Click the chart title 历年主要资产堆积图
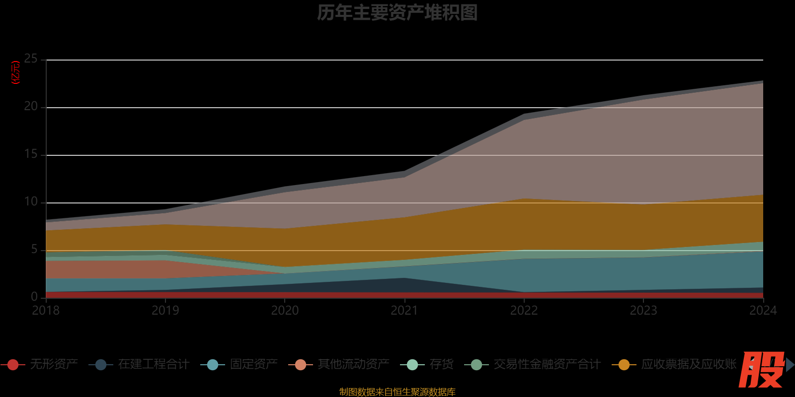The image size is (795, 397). (x=397, y=13)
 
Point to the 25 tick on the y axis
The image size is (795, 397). (x=31, y=59)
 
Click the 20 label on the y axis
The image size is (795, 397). (x=31, y=107)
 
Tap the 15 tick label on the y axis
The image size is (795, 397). (x=31, y=154)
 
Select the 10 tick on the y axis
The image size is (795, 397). (x=31, y=202)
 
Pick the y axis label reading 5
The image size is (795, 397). (x=34, y=250)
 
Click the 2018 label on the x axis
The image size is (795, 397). (x=46, y=311)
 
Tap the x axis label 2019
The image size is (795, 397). (x=165, y=311)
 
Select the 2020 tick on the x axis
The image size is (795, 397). (x=285, y=311)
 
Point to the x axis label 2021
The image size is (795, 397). (x=404, y=311)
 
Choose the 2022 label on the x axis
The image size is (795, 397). (x=524, y=311)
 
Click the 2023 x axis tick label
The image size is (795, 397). (x=643, y=311)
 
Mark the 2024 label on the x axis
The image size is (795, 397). (x=763, y=311)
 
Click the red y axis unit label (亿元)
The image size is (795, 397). (x=16, y=72)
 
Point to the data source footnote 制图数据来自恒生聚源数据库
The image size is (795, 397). (x=397, y=392)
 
